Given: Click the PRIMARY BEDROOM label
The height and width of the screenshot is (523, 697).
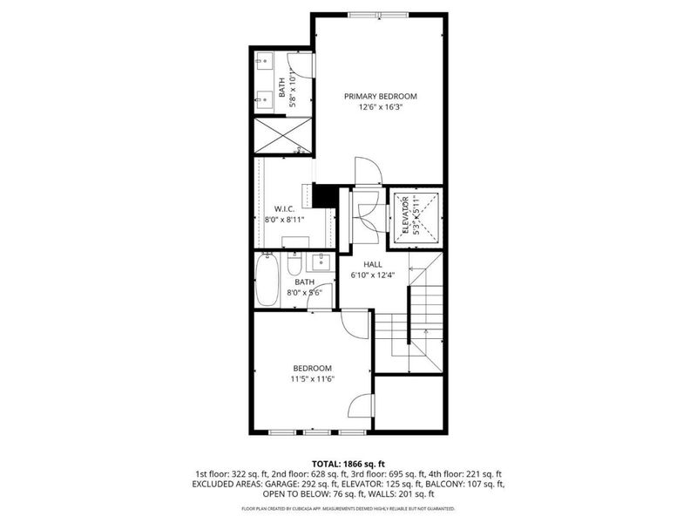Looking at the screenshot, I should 380,97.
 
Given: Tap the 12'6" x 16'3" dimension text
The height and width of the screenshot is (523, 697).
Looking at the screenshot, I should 380,108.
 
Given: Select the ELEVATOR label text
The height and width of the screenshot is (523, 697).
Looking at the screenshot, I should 404,214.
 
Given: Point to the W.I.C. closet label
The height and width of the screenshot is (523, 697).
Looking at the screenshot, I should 284,209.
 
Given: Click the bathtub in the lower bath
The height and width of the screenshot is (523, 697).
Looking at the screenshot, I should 269,280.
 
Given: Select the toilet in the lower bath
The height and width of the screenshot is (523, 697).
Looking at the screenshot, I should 296,263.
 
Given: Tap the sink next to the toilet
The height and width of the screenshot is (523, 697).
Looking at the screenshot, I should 321,261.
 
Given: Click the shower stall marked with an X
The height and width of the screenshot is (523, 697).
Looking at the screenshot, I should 281,135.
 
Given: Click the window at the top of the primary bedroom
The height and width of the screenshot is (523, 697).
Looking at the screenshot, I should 380,15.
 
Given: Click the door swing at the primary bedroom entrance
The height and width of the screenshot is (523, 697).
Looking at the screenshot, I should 367,171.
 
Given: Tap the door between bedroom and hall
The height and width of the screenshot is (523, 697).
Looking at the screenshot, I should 355,324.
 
